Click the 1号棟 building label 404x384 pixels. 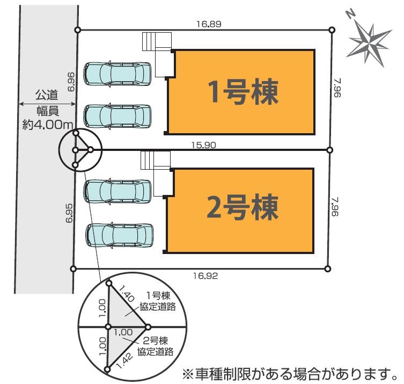coord(243,93)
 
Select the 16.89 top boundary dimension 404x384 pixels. coord(209,24)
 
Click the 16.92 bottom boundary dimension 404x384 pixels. coord(205,276)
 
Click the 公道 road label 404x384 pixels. coord(47,96)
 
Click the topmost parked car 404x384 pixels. coord(118,74)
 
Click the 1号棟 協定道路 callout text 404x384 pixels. coord(157,301)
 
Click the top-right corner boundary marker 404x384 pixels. coord(332,30)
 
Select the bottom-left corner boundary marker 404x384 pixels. coord(74,268)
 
